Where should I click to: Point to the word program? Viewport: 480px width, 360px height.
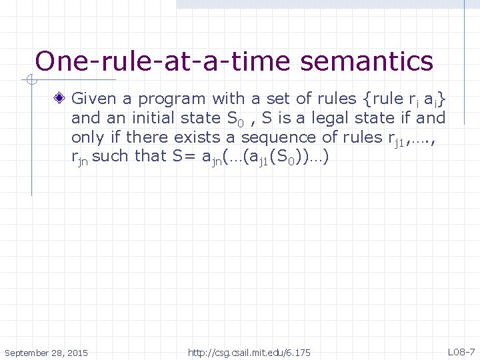pyautogui.click(x=173, y=100)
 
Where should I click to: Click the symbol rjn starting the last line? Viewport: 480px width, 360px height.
pyautogui.click(x=80, y=157)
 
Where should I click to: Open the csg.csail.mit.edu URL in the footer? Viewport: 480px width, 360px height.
pyautogui.click(x=249, y=352)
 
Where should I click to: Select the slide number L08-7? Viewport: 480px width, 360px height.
pyautogui.click(x=461, y=351)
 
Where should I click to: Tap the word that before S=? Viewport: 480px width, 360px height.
pyautogui.click(x=154, y=156)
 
